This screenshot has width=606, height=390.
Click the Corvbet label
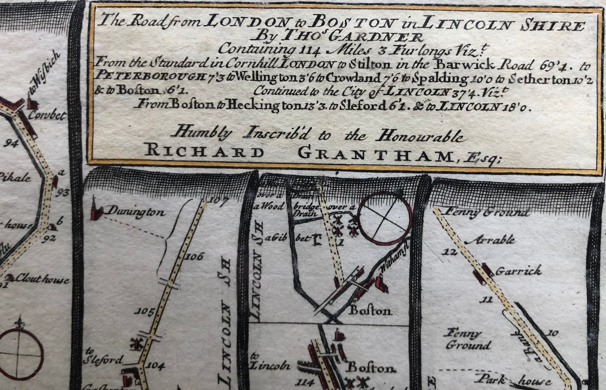pos(47,115)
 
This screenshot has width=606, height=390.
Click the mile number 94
pos(11,144)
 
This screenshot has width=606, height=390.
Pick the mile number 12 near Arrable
pos(450,252)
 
